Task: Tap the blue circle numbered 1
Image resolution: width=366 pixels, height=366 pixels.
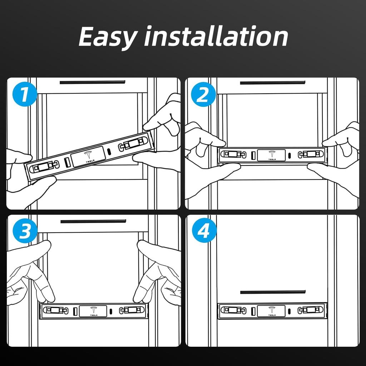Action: click(x=25, y=94)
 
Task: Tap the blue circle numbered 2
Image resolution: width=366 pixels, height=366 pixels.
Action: click(x=203, y=94)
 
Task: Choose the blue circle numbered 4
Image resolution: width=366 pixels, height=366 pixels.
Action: click(x=204, y=230)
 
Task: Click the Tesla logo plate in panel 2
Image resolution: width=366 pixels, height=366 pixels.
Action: click(x=271, y=155)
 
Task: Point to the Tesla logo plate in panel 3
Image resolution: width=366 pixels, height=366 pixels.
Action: click(x=93, y=311)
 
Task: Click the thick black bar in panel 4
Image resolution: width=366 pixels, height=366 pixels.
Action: click(x=273, y=292)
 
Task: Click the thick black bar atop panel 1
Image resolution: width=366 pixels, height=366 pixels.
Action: click(x=93, y=83)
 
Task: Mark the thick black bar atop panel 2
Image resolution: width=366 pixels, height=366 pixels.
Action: click(x=273, y=83)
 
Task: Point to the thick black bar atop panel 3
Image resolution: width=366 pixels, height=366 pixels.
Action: click(x=93, y=221)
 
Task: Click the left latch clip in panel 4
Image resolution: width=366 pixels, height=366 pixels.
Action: click(x=233, y=310)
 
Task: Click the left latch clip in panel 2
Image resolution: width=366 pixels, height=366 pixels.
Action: click(x=233, y=154)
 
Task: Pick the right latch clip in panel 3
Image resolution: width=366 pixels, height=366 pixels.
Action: click(x=132, y=310)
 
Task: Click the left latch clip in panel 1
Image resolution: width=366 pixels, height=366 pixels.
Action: click(x=45, y=167)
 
